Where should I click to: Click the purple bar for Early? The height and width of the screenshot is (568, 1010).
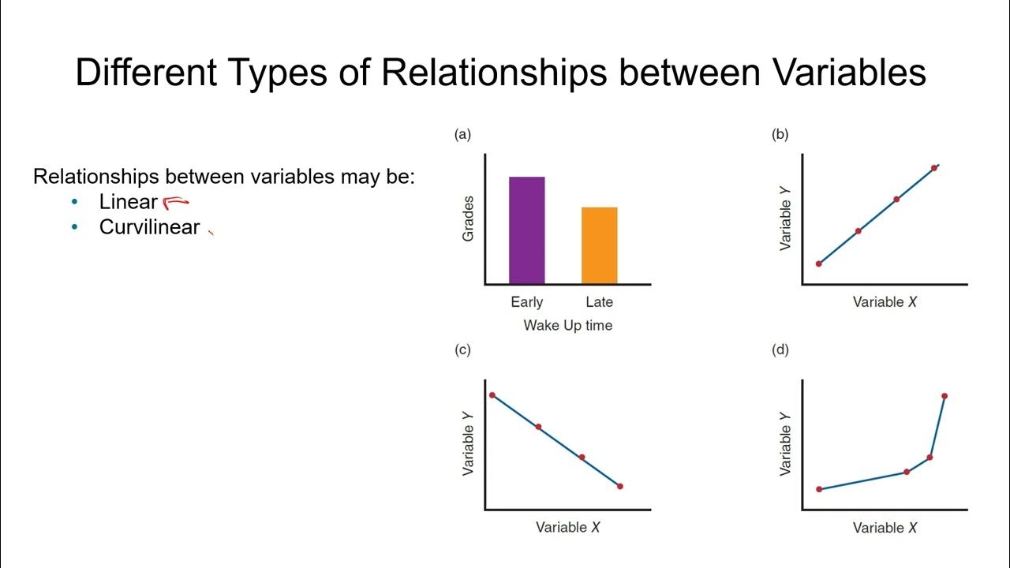coord(526,230)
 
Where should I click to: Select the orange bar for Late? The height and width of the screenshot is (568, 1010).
coord(599,245)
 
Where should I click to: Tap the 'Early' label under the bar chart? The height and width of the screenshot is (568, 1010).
coord(527,302)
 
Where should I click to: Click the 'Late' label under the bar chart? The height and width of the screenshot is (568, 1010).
coord(599,302)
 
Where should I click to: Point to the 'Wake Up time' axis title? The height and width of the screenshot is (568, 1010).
coord(567,325)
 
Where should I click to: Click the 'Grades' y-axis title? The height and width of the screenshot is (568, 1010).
coord(469,219)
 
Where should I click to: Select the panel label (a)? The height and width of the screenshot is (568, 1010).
coord(462,134)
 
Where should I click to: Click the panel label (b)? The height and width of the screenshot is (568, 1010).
coord(780,134)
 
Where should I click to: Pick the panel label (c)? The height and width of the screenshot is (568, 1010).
coord(462,349)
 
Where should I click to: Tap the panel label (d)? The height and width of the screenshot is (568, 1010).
coord(780,349)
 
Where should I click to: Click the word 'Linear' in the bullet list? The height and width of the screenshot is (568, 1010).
coord(128,202)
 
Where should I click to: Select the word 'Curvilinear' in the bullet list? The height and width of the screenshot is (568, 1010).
coord(149,227)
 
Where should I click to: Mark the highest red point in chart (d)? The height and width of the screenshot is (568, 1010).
coord(945,396)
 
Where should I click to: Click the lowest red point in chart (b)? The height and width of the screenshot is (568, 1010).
coord(818,263)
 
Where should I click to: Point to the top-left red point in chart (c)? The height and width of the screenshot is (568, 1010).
coord(492,395)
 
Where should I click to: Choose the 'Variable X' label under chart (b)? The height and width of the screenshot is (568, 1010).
coord(885,302)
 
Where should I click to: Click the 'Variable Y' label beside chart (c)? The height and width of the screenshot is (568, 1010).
coord(469,450)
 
